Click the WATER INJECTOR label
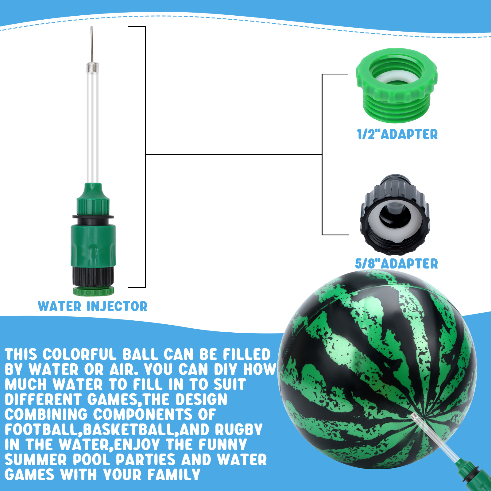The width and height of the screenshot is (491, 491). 93,306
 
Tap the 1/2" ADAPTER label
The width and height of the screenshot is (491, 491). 397,134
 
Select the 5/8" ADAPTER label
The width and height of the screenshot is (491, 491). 396,264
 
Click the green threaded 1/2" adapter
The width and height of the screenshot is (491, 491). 396,85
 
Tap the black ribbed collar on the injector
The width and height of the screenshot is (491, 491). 93,276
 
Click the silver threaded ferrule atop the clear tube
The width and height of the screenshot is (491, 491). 92,66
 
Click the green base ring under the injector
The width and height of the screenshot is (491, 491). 93,291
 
